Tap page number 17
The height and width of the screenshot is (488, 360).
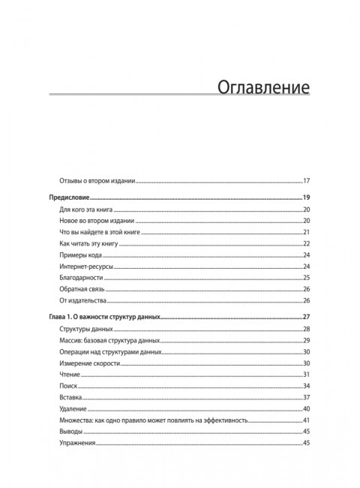click(307, 181)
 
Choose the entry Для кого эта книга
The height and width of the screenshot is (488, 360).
click(88, 209)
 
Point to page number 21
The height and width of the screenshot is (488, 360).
click(307, 233)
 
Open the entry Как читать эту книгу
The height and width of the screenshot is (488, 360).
click(90, 244)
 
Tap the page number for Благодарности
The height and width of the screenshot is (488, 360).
click(307, 278)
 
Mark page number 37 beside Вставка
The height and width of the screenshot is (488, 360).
click(307, 396)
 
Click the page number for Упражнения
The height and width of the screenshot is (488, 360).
click(307, 443)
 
